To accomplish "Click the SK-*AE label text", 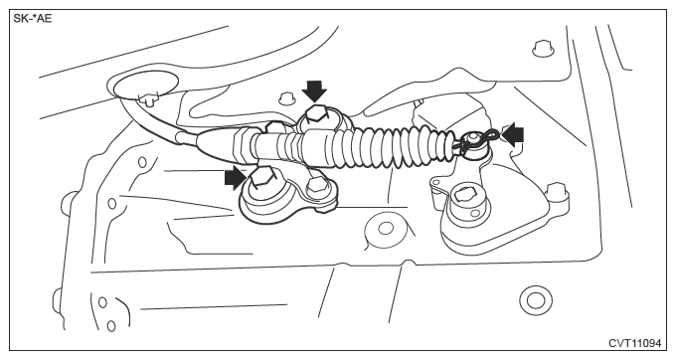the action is tap(33, 19).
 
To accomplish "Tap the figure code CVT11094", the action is tap(634, 343).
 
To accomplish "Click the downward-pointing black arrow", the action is tap(314, 90).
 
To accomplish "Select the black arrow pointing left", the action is tap(513, 135).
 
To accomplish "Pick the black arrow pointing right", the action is tap(236, 178).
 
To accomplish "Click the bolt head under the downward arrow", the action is tap(317, 115).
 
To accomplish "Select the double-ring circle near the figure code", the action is tap(536, 300).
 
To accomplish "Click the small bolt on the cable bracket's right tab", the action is tap(319, 185).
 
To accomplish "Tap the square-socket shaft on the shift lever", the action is tap(463, 196).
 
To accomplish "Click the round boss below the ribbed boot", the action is tap(386, 229).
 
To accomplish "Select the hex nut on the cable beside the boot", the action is tap(242, 145).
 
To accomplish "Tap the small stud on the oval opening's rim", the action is tap(148, 98).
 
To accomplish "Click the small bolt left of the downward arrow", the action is tap(284, 99).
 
